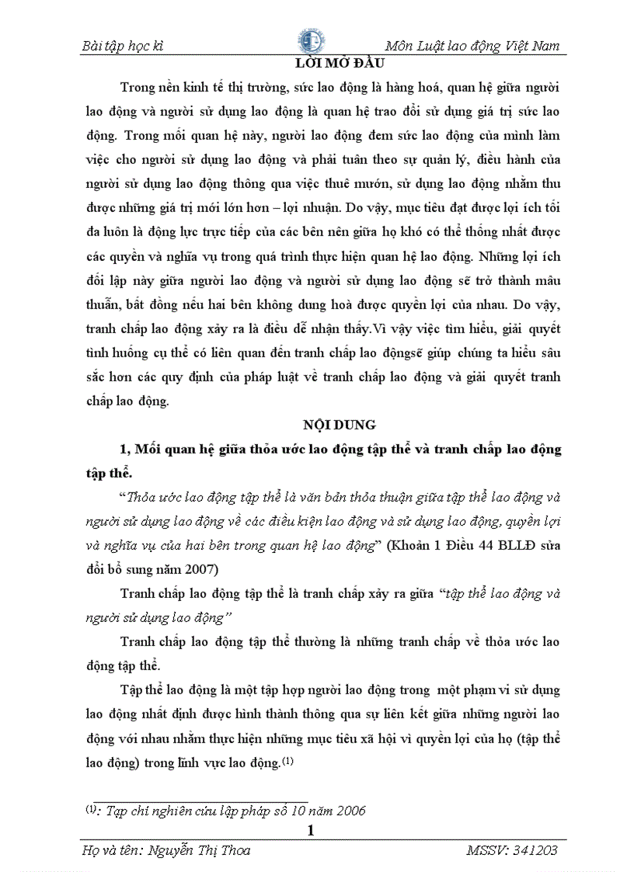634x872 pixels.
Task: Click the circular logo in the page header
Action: (x=312, y=41)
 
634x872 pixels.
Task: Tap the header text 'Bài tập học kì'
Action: (x=123, y=47)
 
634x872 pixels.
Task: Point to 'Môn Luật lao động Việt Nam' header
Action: (x=472, y=47)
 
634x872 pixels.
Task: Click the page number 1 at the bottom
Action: (x=312, y=831)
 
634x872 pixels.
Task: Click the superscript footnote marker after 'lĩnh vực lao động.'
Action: (x=287, y=762)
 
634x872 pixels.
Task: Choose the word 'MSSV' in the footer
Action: (x=486, y=850)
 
